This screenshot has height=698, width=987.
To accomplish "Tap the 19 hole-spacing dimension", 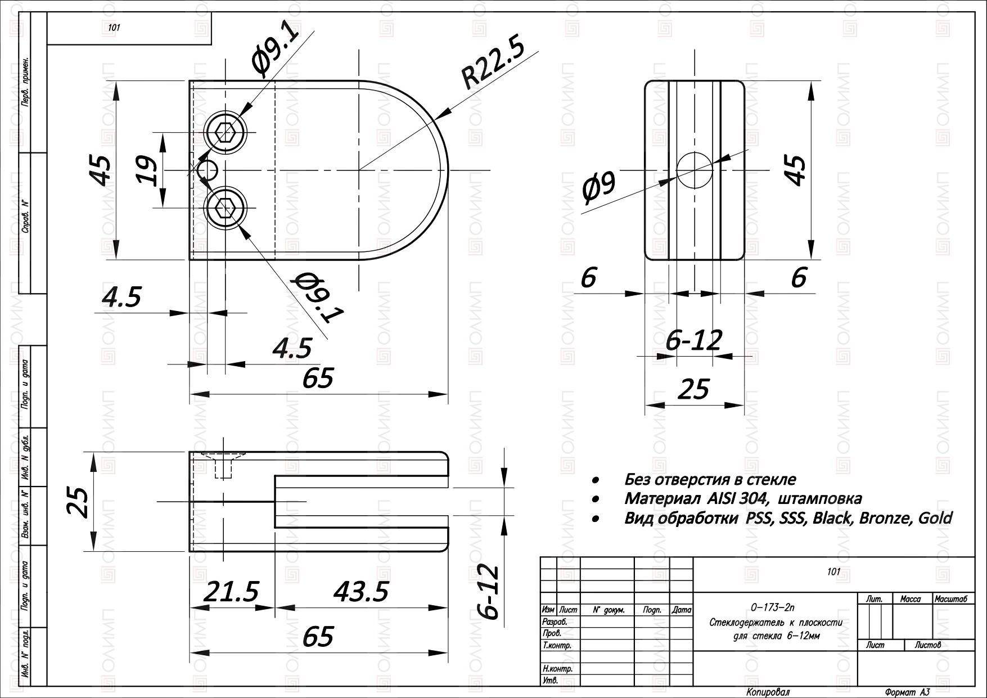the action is pos(148,170).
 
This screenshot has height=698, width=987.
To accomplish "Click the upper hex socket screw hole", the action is pos(226,133).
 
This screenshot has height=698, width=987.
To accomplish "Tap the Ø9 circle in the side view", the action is pos(695,170).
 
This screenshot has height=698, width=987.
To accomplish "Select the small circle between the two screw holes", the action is pos(208,170).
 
